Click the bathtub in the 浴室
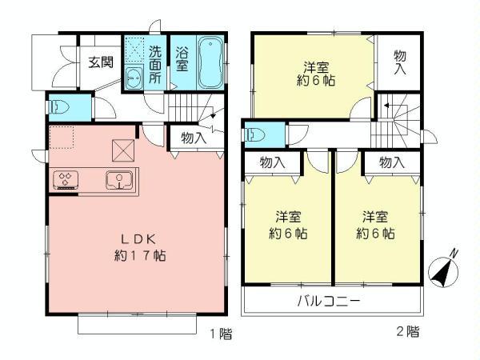211,63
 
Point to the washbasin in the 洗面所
134,78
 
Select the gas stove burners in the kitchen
66,179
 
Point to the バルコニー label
330,302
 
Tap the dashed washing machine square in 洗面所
134,52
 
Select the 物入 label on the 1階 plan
192,138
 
